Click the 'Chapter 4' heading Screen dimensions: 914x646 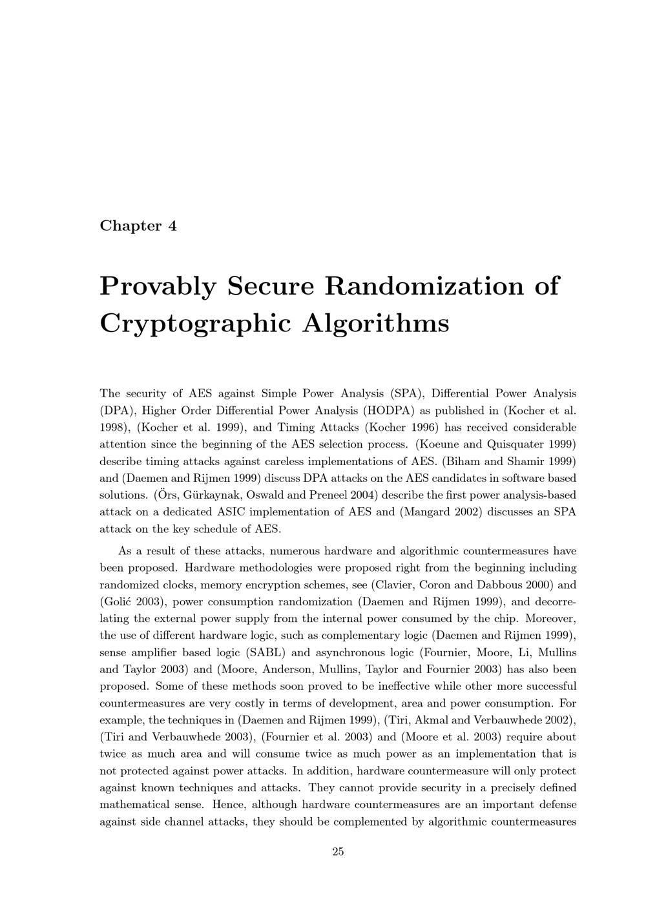[x=138, y=226]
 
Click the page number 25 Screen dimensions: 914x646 [x=338, y=852]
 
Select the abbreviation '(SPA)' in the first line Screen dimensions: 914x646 [x=406, y=393]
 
